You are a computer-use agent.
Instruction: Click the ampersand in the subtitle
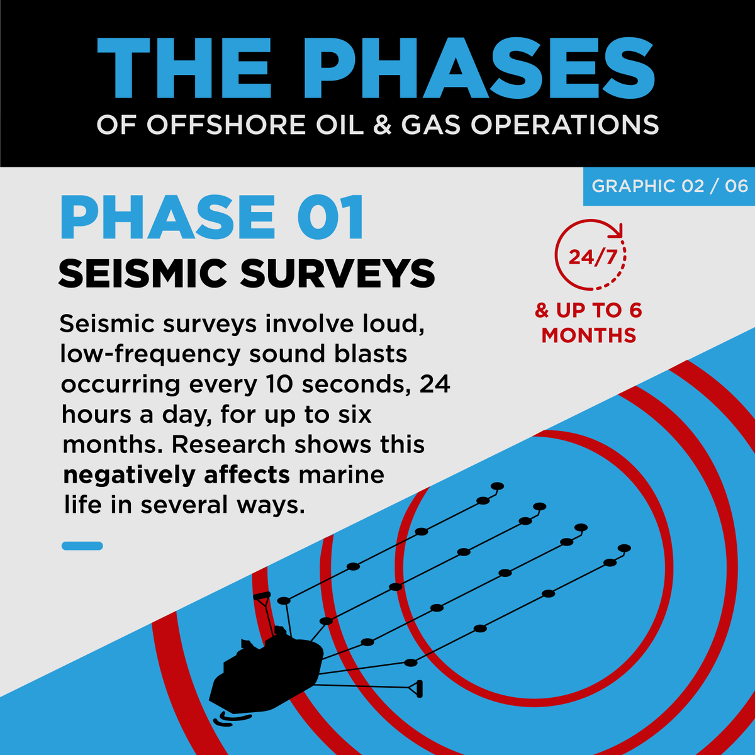382,125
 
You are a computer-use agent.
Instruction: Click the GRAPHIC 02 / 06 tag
669,186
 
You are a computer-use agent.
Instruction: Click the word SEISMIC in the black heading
142,274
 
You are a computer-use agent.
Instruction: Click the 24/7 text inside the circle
591,257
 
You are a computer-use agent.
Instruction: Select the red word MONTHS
589,335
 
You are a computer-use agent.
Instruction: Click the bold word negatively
130,475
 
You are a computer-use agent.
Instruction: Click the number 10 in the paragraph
276,384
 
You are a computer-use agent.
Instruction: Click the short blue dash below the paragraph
82,546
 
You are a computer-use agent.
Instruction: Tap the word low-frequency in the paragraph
150,354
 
